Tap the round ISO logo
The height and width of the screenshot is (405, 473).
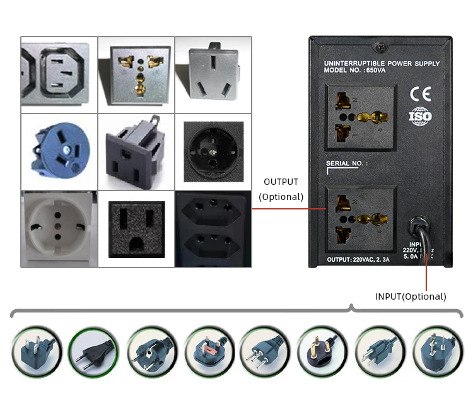pos(420,117)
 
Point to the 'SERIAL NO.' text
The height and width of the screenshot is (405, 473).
pos(346,164)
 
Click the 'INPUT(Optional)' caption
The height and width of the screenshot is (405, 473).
pos(411,296)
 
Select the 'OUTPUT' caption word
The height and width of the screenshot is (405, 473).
pos(281,182)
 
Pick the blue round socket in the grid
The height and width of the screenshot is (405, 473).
pos(59,151)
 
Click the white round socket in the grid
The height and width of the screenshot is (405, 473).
pos(59,228)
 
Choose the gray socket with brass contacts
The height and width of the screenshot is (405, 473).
pos(136,73)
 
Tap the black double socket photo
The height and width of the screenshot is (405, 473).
pos(213,229)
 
